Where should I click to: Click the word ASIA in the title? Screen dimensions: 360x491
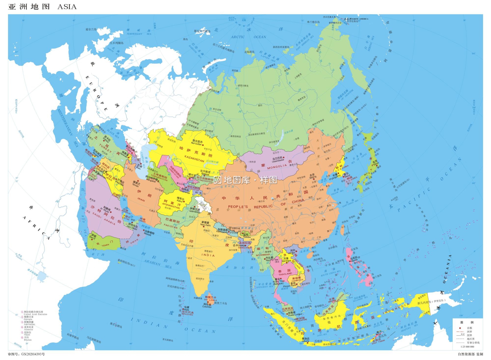point(67,7)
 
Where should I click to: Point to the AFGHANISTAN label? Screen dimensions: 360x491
point(171,205)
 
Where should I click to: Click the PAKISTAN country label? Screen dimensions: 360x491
point(171,226)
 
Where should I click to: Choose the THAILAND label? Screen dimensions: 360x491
point(285,274)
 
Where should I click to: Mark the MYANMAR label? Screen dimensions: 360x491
point(263,255)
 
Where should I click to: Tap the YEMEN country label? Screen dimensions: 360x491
point(105,245)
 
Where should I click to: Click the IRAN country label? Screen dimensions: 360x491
point(141,199)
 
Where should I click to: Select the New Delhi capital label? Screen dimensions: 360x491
point(206,225)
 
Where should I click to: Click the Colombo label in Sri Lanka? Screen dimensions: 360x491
point(207,307)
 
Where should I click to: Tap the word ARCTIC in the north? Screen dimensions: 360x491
point(238,37)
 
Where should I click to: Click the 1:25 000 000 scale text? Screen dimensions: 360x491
point(467,347)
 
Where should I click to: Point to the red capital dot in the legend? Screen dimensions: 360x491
point(460,328)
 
